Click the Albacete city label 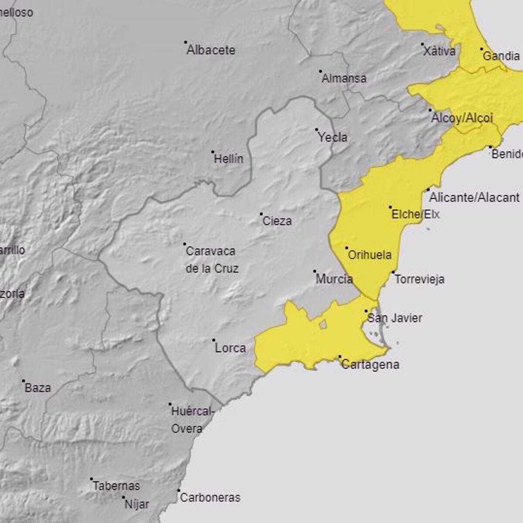(x=211, y=50)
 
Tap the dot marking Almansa (x=320, y=71)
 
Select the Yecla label (x=333, y=137)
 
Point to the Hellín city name (x=228, y=159)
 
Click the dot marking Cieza (x=261, y=214)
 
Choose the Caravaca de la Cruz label (x=212, y=259)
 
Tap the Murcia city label (x=334, y=279)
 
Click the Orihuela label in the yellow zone (x=370, y=255)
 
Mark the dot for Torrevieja (x=393, y=272)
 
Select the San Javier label (x=395, y=318)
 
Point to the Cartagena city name (x=370, y=364)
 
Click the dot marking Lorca (x=214, y=340)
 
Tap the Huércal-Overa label (x=192, y=420)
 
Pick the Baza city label (x=37, y=387)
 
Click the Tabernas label (x=116, y=486)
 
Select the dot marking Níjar (x=123, y=497)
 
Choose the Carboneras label (x=210, y=497)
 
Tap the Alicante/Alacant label (x=474, y=197)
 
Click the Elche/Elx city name (x=415, y=214)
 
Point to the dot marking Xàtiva (x=422, y=44)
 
